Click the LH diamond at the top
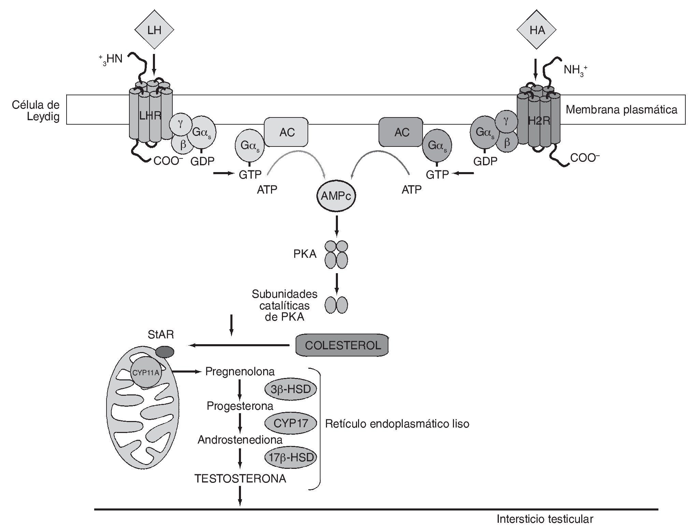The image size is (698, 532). pos(154,30)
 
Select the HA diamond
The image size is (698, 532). pos(537,30)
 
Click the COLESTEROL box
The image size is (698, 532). pos(342,345)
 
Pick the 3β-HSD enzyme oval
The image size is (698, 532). pos(290,389)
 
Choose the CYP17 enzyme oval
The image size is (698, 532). pos(290,423)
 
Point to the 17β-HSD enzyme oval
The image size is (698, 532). pos(290,457)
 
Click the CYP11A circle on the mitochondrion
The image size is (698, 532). pos(146,373)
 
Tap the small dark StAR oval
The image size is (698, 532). pos(165,352)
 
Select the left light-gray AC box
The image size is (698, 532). pos(287,132)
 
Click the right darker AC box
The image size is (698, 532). pos(401,132)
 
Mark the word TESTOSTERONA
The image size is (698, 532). pos(240,478)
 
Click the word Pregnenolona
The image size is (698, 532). pos(240,372)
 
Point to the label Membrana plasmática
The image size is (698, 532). pos(622,110)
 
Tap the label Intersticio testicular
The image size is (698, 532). pos(545,519)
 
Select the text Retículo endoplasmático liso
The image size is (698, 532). pos(397,424)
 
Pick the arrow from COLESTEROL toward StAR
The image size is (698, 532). pos(239,346)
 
